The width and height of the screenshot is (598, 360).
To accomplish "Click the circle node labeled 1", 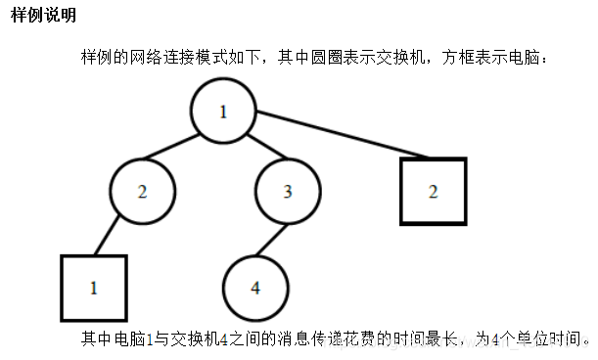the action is [223, 111].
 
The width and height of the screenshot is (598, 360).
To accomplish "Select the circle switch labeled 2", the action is [143, 191].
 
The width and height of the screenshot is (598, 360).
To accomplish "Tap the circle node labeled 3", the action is [288, 191].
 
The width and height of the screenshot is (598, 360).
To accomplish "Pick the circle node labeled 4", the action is [255, 288].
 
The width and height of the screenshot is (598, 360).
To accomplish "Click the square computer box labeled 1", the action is [94, 288].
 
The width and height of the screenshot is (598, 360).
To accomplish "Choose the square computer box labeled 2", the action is [433, 191].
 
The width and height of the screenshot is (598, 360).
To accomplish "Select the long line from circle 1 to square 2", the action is [333, 137].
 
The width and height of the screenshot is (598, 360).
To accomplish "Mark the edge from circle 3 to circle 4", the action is [272, 239].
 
